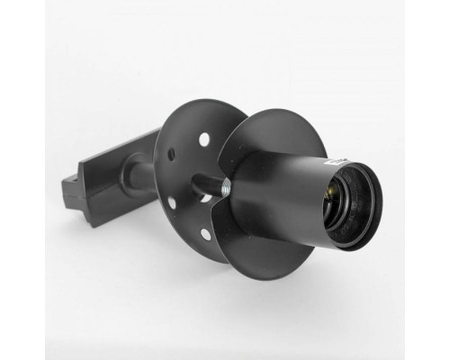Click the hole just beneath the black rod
tap(207, 198)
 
